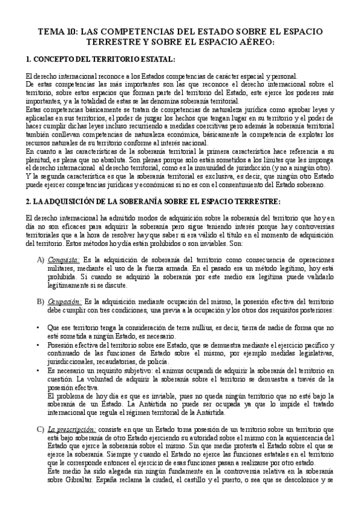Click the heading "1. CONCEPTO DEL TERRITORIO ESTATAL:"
tap(101, 60)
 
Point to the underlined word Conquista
tap(66, 259)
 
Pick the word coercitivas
tap(234, 127)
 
